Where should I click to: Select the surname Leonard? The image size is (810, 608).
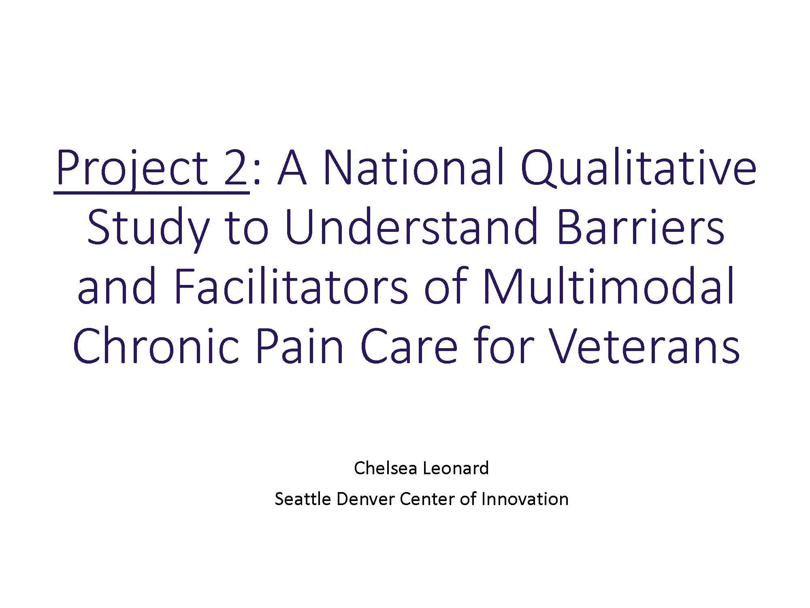456,469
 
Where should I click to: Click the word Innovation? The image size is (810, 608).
525,499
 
